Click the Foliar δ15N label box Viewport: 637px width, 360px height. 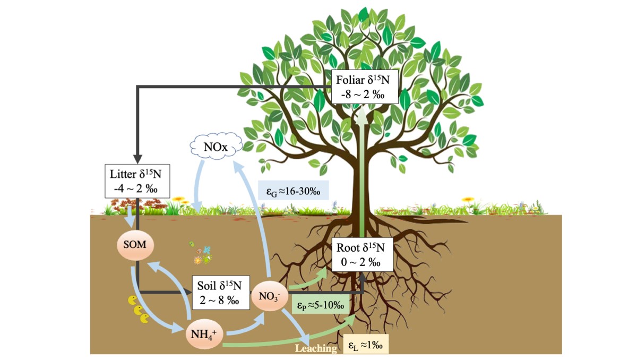[x=364, y=87]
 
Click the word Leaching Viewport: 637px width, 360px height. [x=316, y=349]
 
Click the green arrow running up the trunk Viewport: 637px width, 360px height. [x=363, y=175]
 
